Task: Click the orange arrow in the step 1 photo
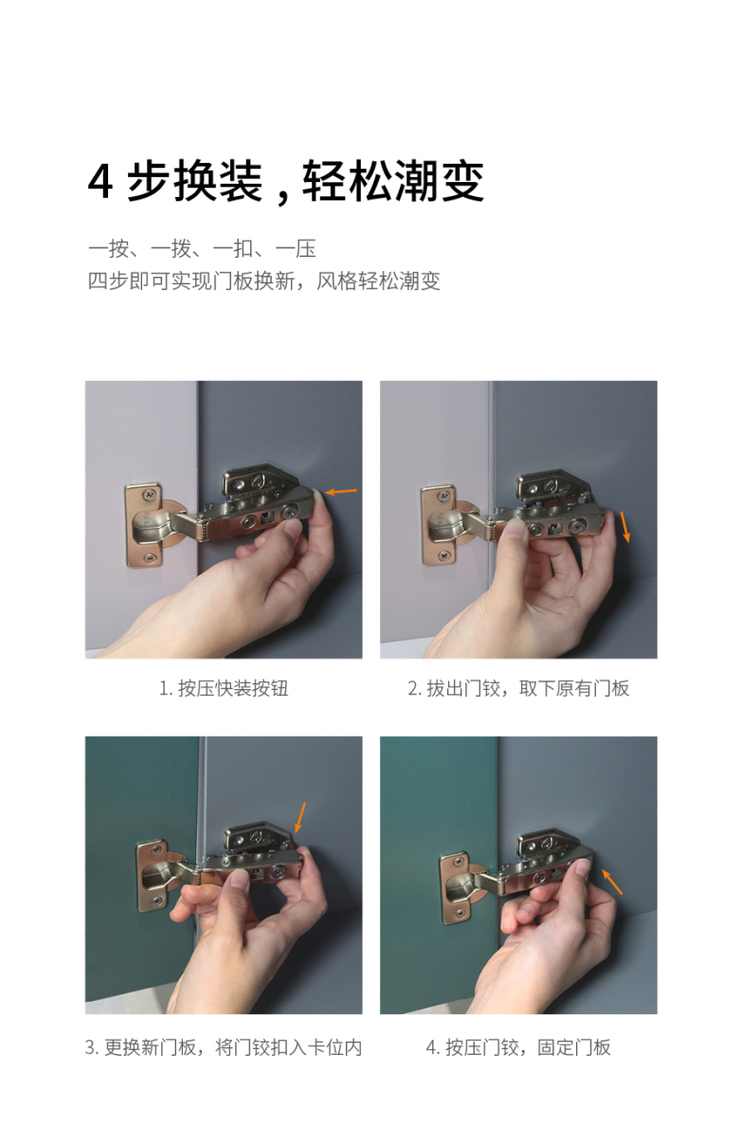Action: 341,491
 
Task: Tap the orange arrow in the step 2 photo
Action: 625,527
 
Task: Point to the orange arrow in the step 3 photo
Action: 300,818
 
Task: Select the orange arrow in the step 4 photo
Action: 612,882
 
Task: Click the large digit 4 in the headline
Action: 100,182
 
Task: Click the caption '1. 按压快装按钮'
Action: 224,688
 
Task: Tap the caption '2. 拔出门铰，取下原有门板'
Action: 518,688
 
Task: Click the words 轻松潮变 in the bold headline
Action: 392,181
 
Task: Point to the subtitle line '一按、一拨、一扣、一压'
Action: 202,249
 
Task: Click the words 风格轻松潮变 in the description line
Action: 378,281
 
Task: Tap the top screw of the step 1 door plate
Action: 150,495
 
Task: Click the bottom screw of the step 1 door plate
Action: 150,558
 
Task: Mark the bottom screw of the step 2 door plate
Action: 445,554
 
